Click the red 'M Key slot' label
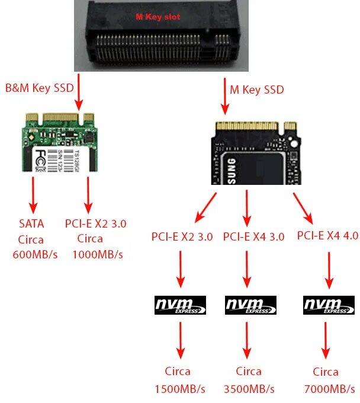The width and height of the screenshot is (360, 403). (x=158, y=17)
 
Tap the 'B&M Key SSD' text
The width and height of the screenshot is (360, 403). (x=39, y=88)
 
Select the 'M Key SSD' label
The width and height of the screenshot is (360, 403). (x=256, y=89)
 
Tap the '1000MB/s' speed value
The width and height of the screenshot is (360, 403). (x=97, y=255)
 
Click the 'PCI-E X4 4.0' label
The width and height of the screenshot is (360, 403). (x=327, y=235)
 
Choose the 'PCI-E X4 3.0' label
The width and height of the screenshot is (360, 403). (x=253, y=236)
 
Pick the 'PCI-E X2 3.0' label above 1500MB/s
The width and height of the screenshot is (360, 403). (x=182, y=236)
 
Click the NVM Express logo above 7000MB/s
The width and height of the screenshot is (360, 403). (x=329, y=305)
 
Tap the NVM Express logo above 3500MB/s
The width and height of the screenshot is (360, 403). (x=251, y=305)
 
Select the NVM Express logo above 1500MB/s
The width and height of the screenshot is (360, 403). (x=180, y=305)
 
